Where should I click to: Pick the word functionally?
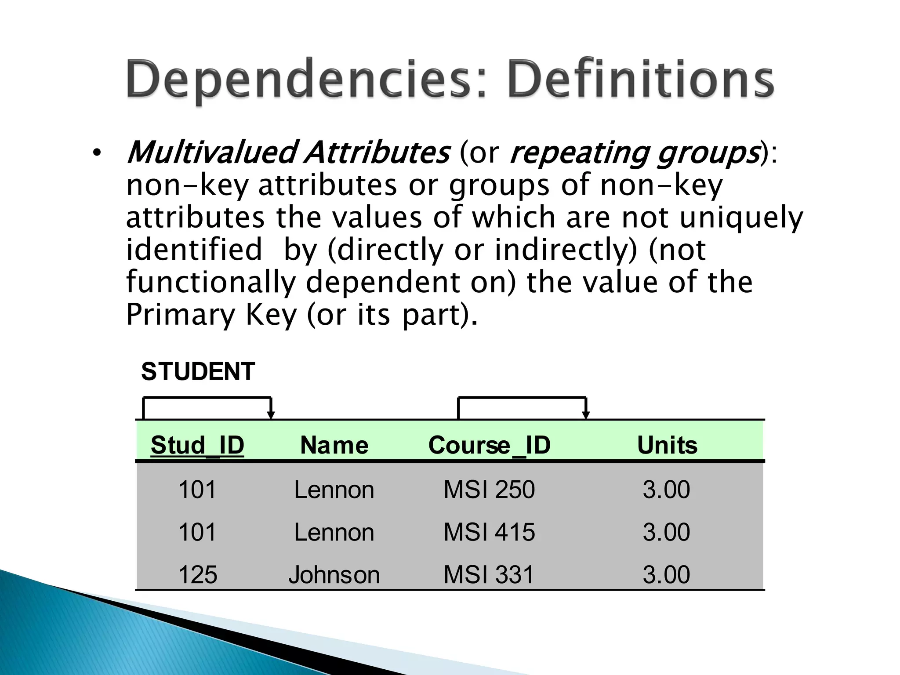point(210,282)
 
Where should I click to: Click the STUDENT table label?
point(198,372)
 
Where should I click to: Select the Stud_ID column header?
point(197,445)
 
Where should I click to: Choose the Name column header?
point(334,445)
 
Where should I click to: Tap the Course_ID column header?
point(489,445)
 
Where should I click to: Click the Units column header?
point(667,445)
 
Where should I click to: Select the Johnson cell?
point(334,574)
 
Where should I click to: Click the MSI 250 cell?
point(489,490)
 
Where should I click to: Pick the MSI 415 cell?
point(489,532)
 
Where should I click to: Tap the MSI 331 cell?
point(489,574)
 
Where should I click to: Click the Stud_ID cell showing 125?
point(197,574)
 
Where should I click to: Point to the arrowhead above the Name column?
point(271,415)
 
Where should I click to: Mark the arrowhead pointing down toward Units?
point(586,415)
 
